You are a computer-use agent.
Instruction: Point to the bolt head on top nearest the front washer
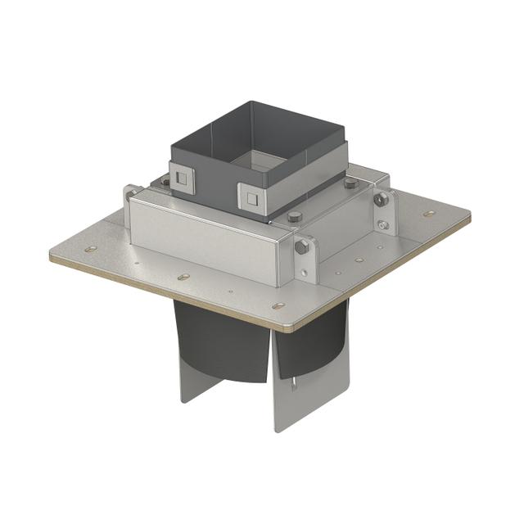tap(295, 217)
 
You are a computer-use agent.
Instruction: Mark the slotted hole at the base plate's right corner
tap(429, 214)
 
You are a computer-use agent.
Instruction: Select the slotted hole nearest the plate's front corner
tap(278, 305)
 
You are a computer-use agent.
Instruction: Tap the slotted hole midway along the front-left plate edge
tap(183, 277)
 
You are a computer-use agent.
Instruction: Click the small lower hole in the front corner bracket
tap(305, 273)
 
